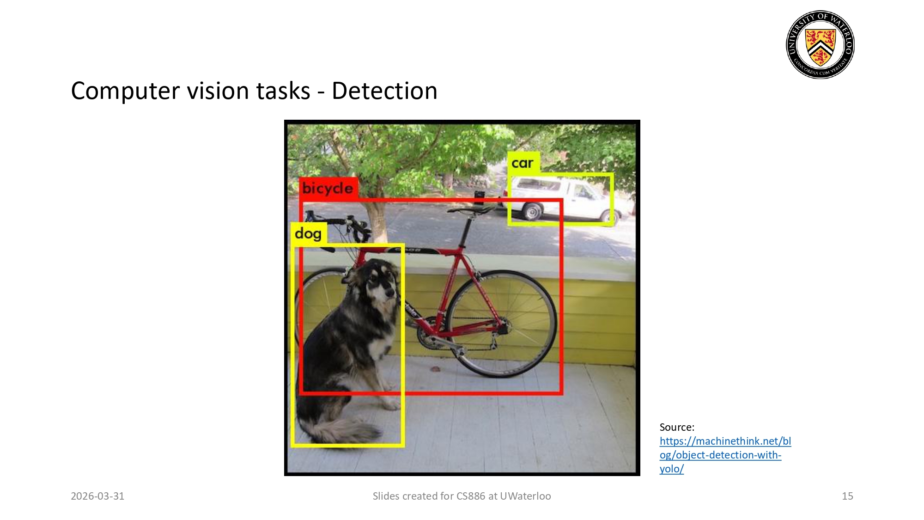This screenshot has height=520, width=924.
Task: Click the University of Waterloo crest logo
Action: tap(820, 44)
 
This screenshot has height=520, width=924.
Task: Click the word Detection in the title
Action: tap(384, 91)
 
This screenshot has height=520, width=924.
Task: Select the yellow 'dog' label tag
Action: tap(308, 234)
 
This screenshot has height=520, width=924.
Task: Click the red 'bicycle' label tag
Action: tap(328, 188)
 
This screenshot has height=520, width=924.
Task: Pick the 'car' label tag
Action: tap(523, 163)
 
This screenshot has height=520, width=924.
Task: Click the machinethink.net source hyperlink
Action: tap(724, 454)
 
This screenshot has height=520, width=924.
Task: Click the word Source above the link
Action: tap(676, 427)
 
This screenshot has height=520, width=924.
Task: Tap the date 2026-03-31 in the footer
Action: tap(97, 496)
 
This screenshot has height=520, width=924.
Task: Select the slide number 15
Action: tap(847, 496)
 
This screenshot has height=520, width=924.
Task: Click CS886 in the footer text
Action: tap(471, 496)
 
